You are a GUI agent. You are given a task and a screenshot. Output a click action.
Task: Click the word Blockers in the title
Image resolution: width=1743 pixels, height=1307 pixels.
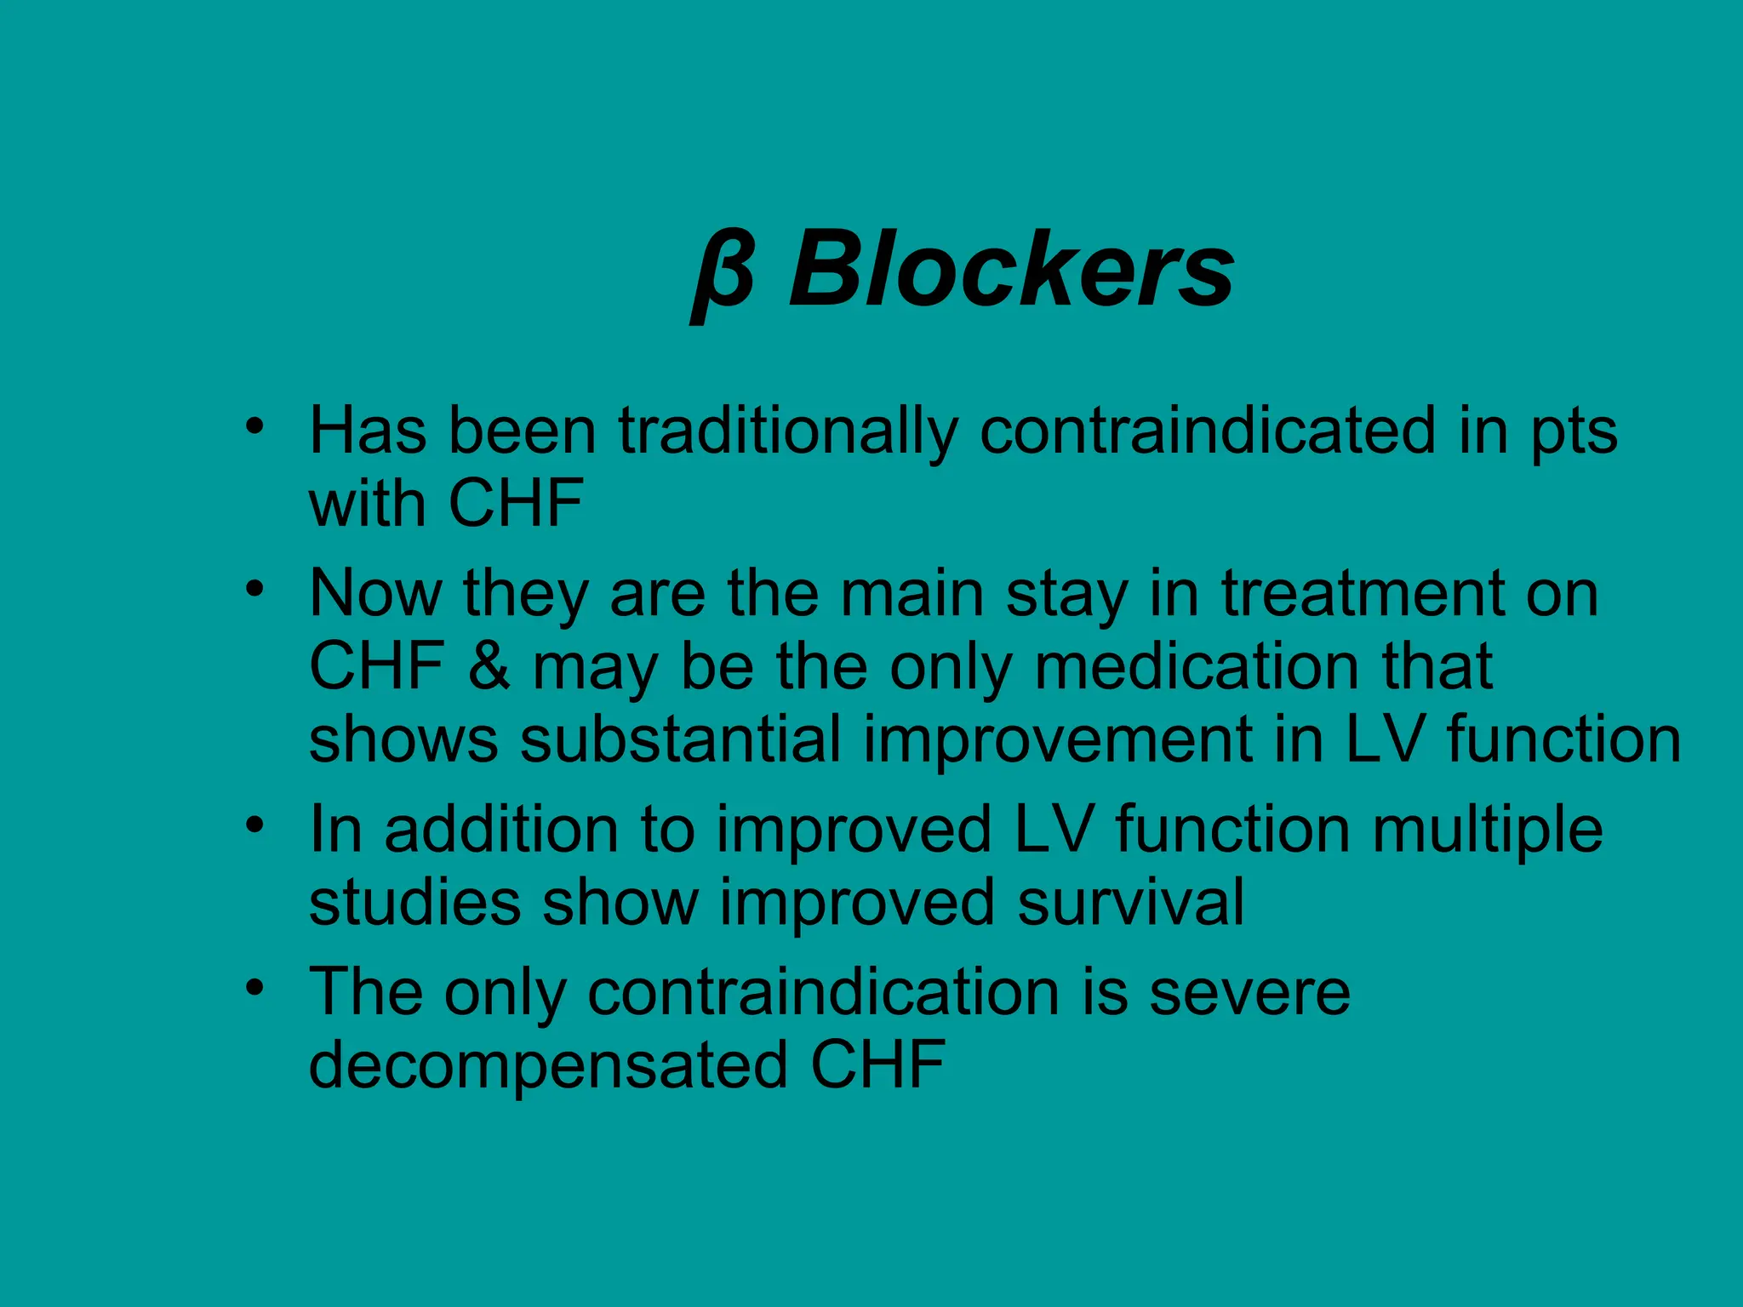click(x=1010, y=271)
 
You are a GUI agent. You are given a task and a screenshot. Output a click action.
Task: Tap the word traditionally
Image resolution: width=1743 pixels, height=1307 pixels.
click(x=787, y=431)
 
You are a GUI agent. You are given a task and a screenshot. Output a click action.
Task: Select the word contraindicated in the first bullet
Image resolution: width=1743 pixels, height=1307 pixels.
click(x=1208, y=431)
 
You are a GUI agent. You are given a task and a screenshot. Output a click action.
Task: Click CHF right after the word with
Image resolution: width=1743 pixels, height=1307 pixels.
click(x=516, y=504)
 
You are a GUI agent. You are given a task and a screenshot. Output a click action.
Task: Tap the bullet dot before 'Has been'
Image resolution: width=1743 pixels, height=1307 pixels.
click(x=254, y=426)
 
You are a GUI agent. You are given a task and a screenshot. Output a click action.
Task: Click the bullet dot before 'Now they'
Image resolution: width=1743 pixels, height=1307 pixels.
click(x=254, y=589)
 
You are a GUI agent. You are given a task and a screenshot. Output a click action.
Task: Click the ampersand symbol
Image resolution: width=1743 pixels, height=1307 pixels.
click(x=489, y=666)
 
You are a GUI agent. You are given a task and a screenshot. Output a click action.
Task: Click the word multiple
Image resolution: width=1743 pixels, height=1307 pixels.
click(x=1488, y=830)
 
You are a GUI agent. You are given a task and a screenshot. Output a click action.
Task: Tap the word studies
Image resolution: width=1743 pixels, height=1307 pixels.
click(x=414, y=903)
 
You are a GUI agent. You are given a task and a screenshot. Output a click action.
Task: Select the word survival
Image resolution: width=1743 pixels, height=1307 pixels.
click(x=1131, y=903)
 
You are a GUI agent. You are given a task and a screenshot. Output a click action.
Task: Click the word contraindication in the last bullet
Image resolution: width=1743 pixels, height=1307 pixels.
click(x=823, y=993)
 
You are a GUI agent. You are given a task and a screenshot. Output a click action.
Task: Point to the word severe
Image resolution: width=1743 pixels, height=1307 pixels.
click(x=1249, y=993)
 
